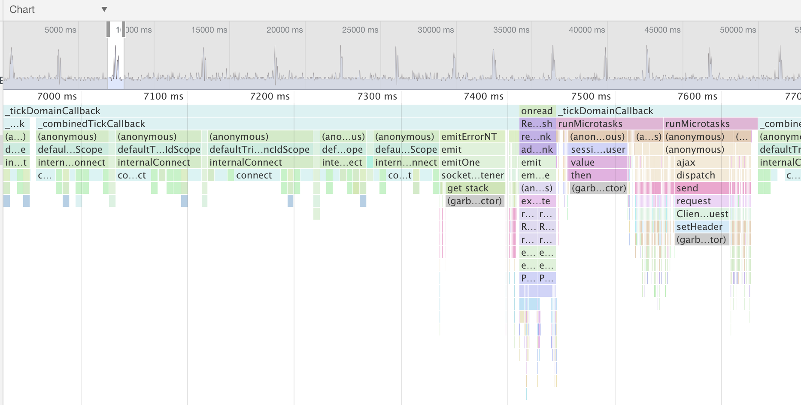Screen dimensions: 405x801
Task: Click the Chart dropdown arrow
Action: pyautogui.click(x=104, y=9)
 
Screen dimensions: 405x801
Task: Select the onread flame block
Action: pyautogui.click(x=537, y=111)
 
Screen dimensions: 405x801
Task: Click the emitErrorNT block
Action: pyautogui.click(x=469, y=137)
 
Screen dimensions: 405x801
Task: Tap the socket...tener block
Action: pyautogui.click(x=472, y=175)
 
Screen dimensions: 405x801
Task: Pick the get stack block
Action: pyautogui.click(x=468, y=188)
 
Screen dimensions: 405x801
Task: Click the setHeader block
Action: pyautogui.click(x=699, y=227)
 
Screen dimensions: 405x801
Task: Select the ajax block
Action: pyautogui.click(x=686, y=163)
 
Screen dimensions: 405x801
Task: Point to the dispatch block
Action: pyautogui.click(x=695, y=175)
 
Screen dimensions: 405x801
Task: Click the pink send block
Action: pyautogui.click(x=687, y=188)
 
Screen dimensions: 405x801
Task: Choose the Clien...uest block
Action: pyautogui.click(x=702, y=214)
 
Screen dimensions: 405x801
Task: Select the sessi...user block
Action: pyautogui.click(x=598, y=150)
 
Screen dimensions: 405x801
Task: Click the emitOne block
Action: pyautogui.click(x=461, y=163)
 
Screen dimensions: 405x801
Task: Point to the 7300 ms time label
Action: pyautogui.click(x=377, y=97)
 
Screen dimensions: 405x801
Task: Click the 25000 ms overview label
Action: pyautogui.click(x=360, y=30)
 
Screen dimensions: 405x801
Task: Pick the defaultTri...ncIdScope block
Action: pyautogui.click(x=259, y=150)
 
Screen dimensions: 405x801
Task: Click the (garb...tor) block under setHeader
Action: pyautogui.click(x=701, y=240)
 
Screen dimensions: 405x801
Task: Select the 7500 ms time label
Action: pyautogui.click(x=591, y=97)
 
